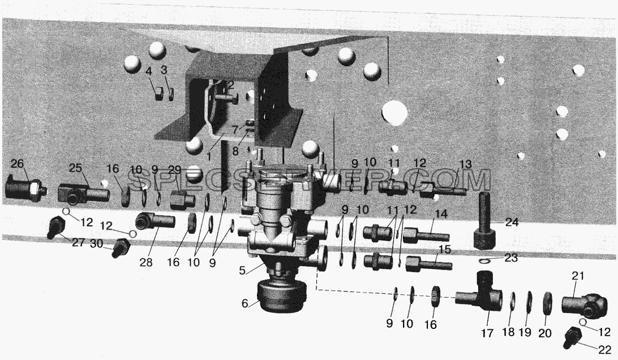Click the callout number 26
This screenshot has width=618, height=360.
tap(17, 163)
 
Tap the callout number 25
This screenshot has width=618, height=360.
tap(76, 168)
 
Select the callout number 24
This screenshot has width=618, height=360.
tap(512, 222)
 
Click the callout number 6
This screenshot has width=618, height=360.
tap(244, 303)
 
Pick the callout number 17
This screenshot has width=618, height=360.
tap(487, 333)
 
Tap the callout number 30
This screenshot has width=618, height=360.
tap(97, 244)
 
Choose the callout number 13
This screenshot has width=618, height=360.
tap(465, 164)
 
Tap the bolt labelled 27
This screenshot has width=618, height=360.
tap(55, 228)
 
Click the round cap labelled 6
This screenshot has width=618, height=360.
tap(281, 295)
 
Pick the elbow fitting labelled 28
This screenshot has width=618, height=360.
tap(154, 221)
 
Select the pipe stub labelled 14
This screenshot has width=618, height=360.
tap(426, 236)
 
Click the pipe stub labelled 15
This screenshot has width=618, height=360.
tap(429, 263)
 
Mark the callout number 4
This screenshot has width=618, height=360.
tap(148, 71)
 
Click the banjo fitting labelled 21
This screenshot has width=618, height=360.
tap(584, 305)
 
